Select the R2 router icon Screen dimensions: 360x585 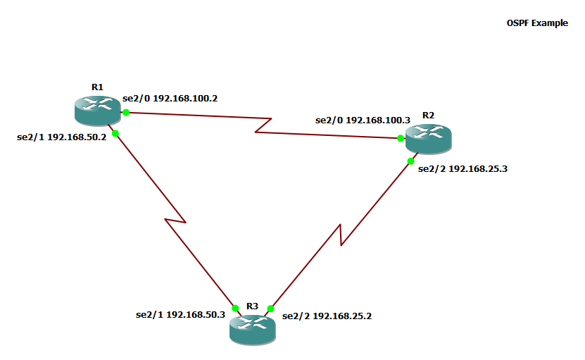point(427,135)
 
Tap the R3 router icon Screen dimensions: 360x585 point(253,327)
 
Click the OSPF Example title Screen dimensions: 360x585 point(537,23)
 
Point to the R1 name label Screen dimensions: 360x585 point(97,87)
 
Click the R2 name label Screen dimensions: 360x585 point(428,115)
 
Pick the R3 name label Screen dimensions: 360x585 point(253,306)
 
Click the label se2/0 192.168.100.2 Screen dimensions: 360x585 point(170,99)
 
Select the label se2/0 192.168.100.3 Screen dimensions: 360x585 point(363,120)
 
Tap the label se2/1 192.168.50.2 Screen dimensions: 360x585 point(61,137)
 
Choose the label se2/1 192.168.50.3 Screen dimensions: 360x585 point(180,315)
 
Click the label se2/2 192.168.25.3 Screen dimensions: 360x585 point(463,169)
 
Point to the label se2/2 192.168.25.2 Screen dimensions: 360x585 point(327,316)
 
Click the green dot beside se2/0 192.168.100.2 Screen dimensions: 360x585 point(126,113)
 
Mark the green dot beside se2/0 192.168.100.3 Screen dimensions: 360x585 point(401,138)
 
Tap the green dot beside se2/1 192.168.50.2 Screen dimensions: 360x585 point(115,133)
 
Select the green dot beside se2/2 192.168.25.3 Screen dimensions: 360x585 point(410,161)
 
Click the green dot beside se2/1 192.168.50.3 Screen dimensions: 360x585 point(235,308)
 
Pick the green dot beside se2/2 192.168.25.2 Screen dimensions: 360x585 point(270,309)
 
